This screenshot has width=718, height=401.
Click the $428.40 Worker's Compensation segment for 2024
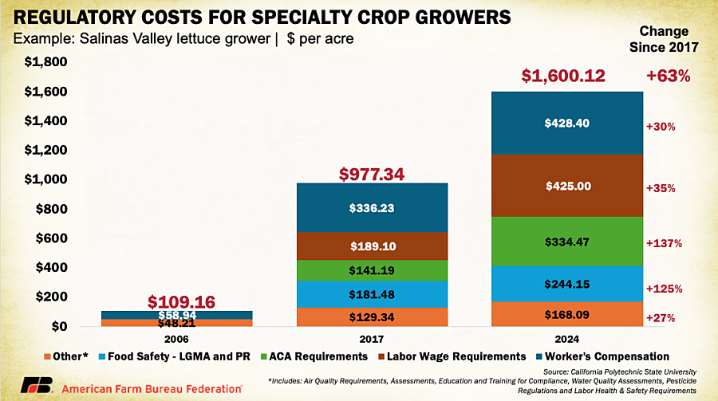[x=567, y=124]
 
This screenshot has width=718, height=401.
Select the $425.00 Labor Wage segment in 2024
[x=567, y=185]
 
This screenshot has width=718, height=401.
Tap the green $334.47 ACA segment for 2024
[x=567, y=241]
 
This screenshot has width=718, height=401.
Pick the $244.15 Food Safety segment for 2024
[x=567, y=284]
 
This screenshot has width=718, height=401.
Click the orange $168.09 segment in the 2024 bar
[x=567, y=314]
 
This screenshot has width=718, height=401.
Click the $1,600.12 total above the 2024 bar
[x=563, y=76]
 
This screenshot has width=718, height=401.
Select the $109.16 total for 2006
[x=183, y=301]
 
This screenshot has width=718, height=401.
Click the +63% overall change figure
[x=668, y=77]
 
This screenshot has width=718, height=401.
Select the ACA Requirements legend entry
[x=351, y=356]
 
